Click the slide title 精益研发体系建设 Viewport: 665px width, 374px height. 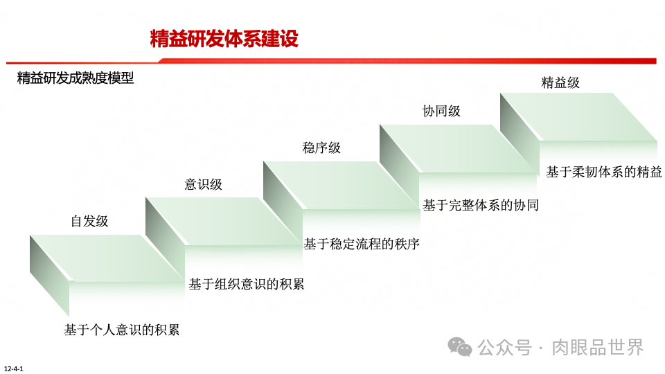(224, 39)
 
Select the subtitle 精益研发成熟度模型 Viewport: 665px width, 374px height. (76, 78)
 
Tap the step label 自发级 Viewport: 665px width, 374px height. (89, 222)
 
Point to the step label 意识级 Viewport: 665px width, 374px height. (203, 184)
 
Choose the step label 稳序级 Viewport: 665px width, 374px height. (321, 148)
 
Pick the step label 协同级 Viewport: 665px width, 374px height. (441, 111)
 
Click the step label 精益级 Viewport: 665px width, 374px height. (560, 83)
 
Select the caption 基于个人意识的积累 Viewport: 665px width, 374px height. (122, 330)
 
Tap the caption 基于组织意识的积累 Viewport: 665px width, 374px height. (247, 284)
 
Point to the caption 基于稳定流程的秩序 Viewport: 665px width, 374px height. (362, 244)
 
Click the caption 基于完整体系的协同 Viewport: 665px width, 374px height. (481, 205)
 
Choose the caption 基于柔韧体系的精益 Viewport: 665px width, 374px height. (604, 172)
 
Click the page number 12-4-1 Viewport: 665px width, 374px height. (14, 368)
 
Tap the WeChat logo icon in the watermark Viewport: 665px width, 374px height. (460, 346)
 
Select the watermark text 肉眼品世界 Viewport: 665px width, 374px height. (597, 347)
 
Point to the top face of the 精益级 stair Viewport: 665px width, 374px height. (578, 116)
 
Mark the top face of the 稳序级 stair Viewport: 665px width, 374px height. (339, 184)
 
